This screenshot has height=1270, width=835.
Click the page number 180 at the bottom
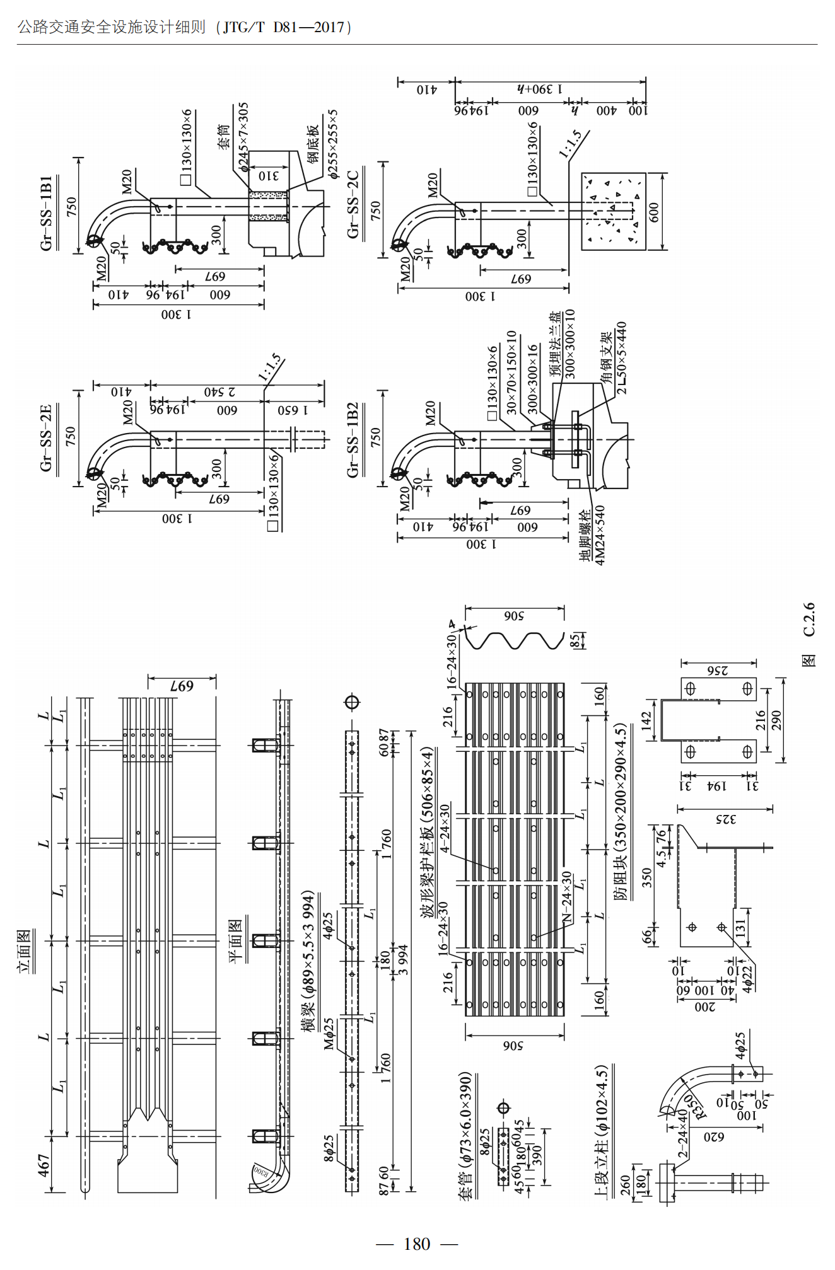coord(417,1244)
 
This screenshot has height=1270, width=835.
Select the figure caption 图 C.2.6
coord(809,634)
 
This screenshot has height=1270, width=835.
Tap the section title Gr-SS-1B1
coord(46,213)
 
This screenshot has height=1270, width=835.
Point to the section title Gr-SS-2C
coord(353,204)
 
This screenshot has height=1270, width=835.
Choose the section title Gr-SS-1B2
coord(353,439)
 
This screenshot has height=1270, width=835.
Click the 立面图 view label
coord(25,952)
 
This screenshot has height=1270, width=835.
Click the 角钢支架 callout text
coord(606,357)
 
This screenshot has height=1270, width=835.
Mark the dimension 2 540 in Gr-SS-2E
coord(219,392)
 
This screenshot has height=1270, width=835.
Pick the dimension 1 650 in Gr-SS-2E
coord(293,410)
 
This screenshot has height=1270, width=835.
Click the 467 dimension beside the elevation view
coord(44,1165)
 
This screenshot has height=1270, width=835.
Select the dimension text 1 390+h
coord(539,89)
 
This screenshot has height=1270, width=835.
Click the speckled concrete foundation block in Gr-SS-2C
coord(613,212)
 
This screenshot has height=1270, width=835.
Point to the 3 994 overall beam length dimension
coord(403,959)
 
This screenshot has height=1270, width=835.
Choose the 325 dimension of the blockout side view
coord(725,819)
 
